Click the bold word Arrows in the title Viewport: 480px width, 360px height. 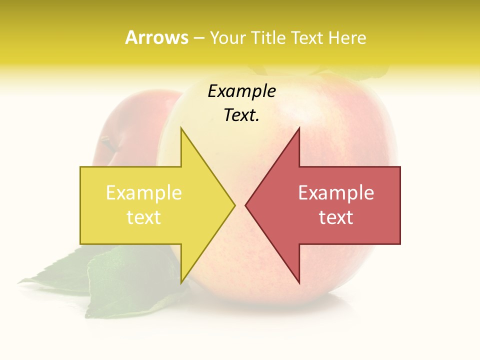coord(156,37)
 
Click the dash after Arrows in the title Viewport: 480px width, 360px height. coord(198,38)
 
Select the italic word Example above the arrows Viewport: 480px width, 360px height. coord(241,91)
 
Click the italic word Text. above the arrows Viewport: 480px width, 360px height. coord(241,115)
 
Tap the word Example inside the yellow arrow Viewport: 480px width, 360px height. coord(144,193)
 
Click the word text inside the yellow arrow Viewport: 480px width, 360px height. coord(144,217)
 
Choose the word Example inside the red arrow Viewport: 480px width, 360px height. coord(336,193)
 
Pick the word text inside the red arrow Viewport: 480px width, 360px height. coord(336,217)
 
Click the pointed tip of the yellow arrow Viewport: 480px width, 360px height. coord(234,205)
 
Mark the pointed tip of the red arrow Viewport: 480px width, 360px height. coord(245,205)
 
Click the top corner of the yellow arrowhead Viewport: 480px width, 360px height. coord(181,128)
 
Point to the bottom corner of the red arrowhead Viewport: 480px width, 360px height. coord(299,283)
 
